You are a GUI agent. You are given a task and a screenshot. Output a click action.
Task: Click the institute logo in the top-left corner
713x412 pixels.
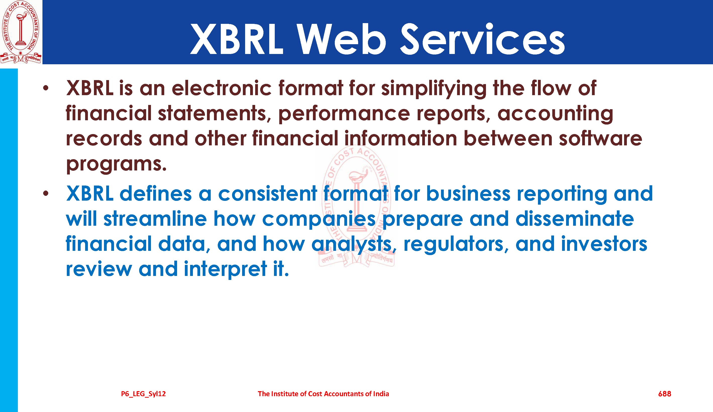tap(21, 32)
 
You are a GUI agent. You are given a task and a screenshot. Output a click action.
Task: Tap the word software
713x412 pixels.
tap(601, 139)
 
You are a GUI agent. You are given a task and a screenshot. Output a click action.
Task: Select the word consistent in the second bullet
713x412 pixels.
tap(268, 194)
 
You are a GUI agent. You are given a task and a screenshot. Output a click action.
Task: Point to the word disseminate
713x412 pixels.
tap(575, 219)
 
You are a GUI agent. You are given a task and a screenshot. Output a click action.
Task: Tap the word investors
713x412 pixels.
tap(604, 244)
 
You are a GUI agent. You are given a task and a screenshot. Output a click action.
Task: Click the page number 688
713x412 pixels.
tap(665, 394)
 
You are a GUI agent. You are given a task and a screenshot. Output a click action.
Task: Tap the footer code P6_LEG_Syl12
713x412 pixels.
tap(143, 394)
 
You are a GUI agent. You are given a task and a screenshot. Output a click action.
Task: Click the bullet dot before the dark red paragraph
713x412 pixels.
tap(46, 88)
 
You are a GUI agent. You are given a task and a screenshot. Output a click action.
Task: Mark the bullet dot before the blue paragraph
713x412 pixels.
tap(46, 194)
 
